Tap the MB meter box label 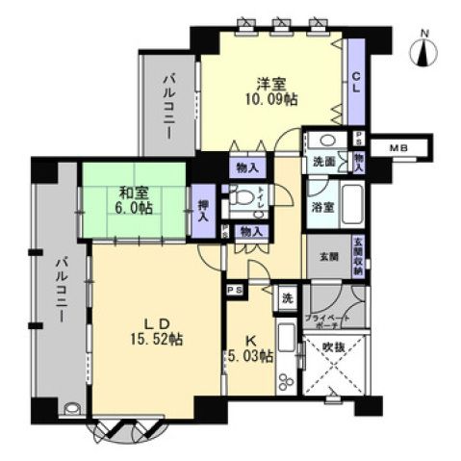[397, 147]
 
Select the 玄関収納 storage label [357, 256]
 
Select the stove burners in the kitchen [285, 377]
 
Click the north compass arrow [423, 54]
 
